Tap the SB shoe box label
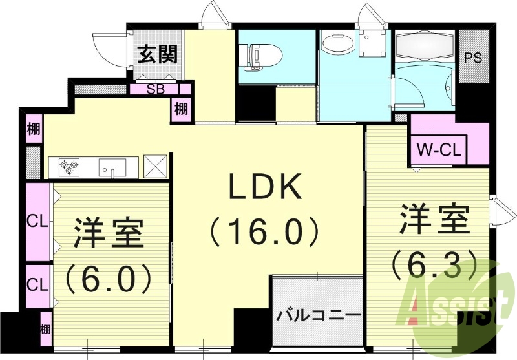coord(156,89)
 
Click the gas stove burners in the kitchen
coord(69,167)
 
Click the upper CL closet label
coord(37,221)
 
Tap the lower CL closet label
coord(37,284)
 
